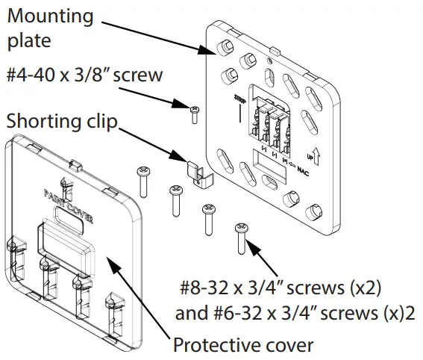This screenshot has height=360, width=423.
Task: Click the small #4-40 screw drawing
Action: tap(194, 113)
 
